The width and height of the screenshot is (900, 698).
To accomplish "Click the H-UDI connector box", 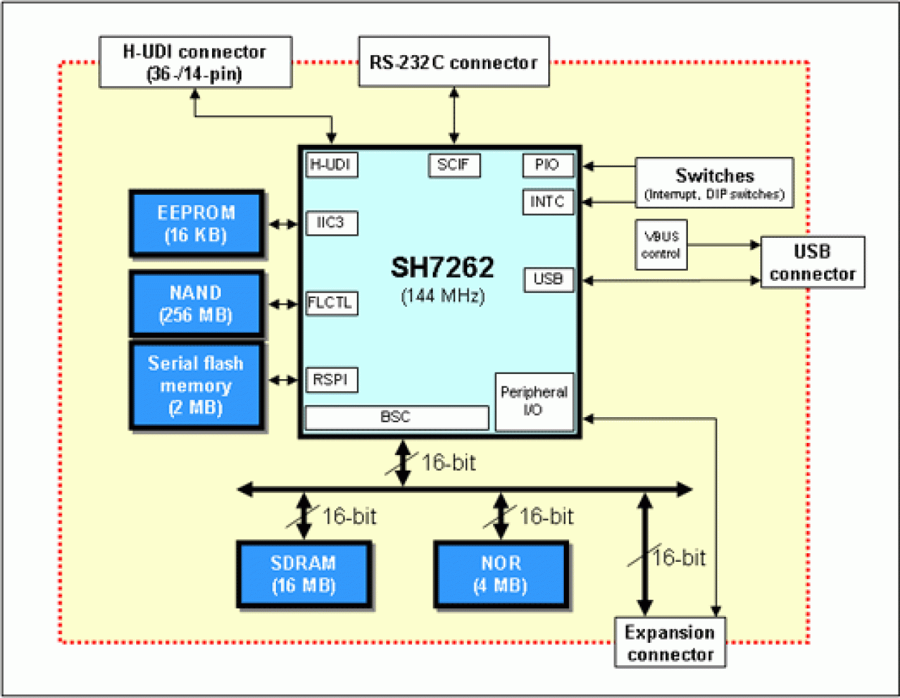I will [x=195, y=62].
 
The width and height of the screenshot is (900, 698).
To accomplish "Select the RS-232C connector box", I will [x=454, y=62].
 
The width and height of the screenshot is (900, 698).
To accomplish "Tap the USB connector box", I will [x=813, y=263].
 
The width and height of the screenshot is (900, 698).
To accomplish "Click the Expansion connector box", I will [x=669, y=642].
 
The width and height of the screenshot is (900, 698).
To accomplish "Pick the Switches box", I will [x=714, y=183].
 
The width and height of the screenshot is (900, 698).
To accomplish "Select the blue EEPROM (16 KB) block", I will [x=196, y=224].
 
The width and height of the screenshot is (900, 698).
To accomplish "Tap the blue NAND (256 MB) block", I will [x=196, y=304].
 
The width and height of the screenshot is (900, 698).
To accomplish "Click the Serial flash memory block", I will [x=196, y=386].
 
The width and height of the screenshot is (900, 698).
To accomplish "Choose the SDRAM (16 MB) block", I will [x=303, y=574].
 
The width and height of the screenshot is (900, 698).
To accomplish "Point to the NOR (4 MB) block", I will [x=501, y=574].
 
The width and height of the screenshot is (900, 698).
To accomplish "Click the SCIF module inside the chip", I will [x=454, y=165].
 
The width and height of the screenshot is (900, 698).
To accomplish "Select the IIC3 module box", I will [x=331, y=223].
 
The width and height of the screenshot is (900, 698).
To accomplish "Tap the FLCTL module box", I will [x=331, y=302].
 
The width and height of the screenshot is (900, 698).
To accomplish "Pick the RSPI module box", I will [x=331, y=379].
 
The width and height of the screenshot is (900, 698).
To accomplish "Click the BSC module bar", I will [x=397, y=417].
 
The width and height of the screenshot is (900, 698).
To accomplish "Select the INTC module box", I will [x=548, y=202].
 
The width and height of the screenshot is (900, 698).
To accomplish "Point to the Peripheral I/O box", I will [x=534, y=401].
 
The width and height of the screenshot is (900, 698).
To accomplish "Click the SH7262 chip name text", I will [x=442, y=268].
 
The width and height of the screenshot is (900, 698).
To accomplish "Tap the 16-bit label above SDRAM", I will [x=349, y=516].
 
